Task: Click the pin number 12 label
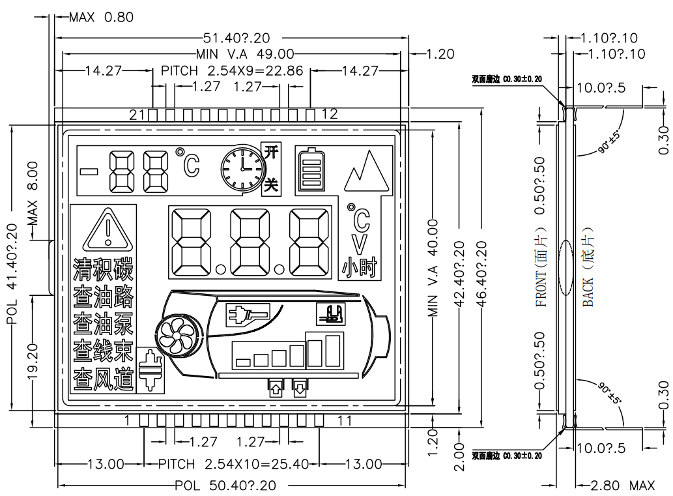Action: pos(330,115)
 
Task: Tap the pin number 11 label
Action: pos(346,421)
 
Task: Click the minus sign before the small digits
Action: pos(90,172)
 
